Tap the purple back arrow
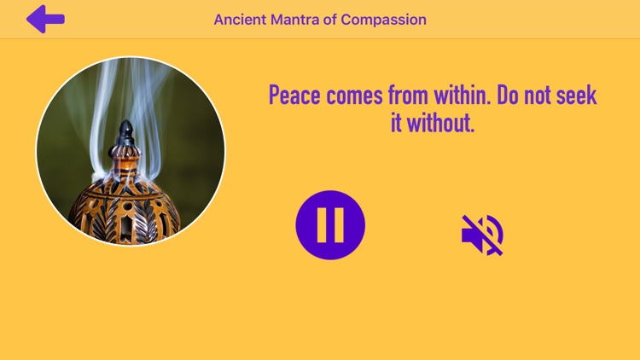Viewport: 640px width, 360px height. [x=44, y=19]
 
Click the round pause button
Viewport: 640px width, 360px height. [x=330, y=225]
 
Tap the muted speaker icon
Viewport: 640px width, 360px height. [x=482, y=235]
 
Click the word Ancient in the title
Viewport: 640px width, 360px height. [x=238, y=20]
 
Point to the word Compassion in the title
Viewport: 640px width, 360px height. [x=383, y=20]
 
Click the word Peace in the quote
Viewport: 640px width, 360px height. [x=294, y=96]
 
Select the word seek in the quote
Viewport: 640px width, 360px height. [x=577, y=96]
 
